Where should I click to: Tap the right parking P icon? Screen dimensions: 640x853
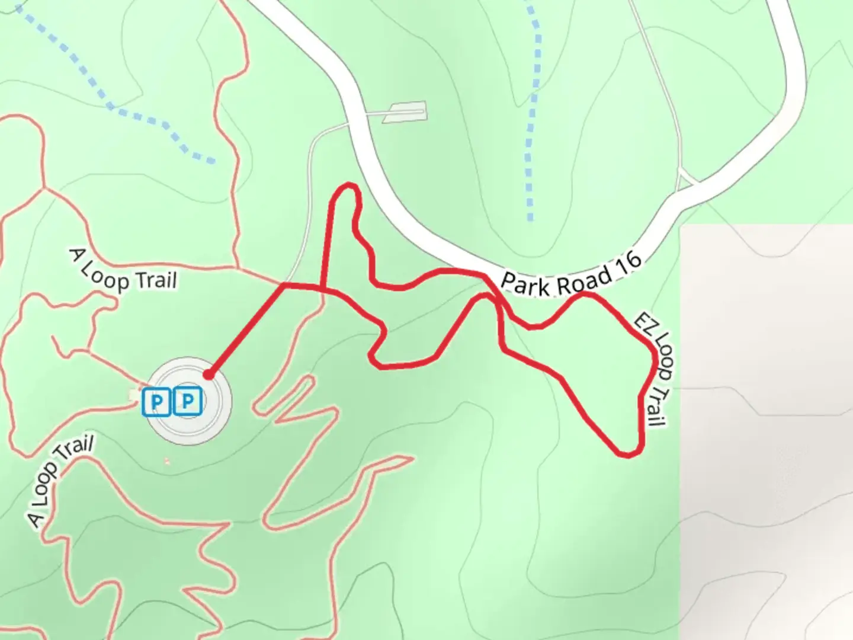[188, 402]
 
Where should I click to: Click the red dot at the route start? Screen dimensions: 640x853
[208, 375]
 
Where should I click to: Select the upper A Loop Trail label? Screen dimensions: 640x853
[124, 270]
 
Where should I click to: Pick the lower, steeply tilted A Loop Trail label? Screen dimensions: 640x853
[59, 482]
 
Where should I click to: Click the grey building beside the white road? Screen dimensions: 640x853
[405, 111]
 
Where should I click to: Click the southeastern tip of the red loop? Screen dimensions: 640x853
[629, 454]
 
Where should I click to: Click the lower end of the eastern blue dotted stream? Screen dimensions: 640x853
[530, 218]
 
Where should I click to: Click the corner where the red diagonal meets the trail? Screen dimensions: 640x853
[283, 286]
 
